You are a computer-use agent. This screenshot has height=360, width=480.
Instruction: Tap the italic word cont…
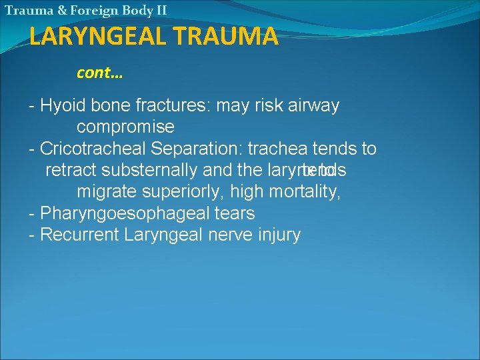click(99, 73)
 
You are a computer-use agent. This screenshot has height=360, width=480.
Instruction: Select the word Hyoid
click(63, 105)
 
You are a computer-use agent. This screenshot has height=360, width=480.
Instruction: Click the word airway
click(314, 105)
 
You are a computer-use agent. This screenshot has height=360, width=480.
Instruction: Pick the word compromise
click(125, 127)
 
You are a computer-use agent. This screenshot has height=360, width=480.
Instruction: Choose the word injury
click(278, 235)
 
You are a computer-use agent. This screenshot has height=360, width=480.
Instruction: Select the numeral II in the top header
click(160, 10)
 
